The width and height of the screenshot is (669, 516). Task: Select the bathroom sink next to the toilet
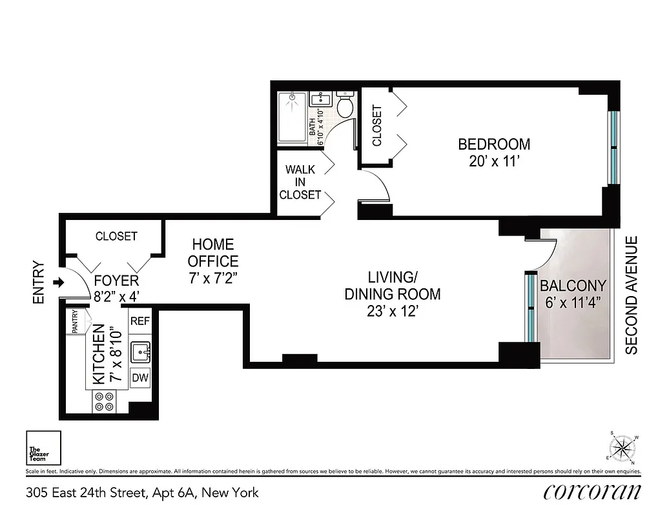pyautogui.click(x=321, y=100)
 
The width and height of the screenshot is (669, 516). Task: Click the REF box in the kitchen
pyautogui.click(x=140, y=321)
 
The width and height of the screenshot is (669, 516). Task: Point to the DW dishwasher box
pyautogui.click(x=140, y=379)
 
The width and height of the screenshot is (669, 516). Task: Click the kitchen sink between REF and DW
pyautogui.click(x=140, y=352)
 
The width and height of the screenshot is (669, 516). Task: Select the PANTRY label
pyautogui.click(x=75, y=322)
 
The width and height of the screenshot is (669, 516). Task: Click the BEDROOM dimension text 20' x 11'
pyautogui.click(x=495, y=162)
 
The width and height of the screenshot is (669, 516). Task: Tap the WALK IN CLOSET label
pyautogui.click(x=300, y=182)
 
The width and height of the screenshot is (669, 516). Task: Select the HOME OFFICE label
pyautogui.click(x=212, y=253)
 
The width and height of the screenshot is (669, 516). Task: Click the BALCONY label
pyautogui.click(x=573, y=286)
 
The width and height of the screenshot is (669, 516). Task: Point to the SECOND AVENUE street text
pyautogui.click(x=632, y=295)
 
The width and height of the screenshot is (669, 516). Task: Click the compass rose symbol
pyautogui.click(x=623, y=447)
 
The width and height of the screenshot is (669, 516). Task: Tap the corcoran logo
pyautogui.click(x=592, y=492)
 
